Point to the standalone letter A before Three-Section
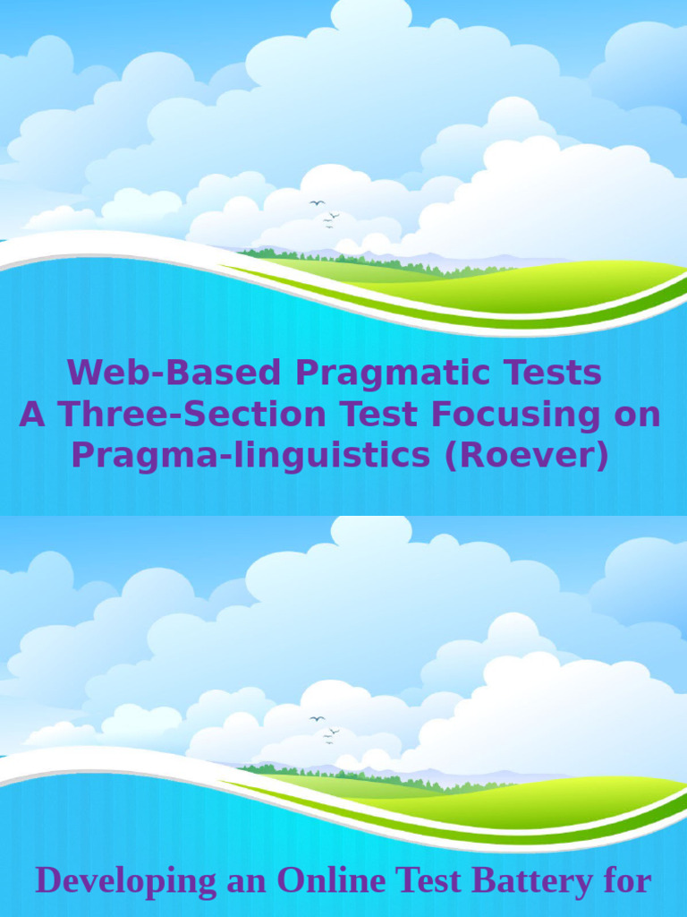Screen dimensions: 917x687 32,415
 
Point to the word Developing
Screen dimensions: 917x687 125,881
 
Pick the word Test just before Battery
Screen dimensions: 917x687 429,881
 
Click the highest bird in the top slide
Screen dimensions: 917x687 317,202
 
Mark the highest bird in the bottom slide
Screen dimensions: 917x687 317,718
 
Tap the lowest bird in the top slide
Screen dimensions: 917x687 328,227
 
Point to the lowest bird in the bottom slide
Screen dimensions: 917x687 328,742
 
